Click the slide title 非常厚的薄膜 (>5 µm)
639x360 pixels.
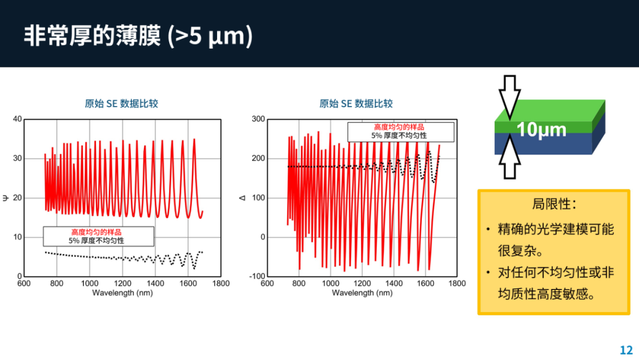[138, 36]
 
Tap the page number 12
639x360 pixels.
[626, 350]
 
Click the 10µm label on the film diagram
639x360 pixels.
[541, 130]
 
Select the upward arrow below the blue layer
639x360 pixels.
[509, 157]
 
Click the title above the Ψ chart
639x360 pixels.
[121, 104]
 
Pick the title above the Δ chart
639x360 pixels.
[356, 104]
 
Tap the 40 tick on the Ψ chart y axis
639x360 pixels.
[17, 119]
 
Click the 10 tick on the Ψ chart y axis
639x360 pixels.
[17, 237]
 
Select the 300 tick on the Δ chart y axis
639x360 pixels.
[259, 119]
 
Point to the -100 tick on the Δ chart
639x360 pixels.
[257, 277]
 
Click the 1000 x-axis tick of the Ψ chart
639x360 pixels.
[90, 284]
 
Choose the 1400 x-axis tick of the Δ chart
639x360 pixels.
[393, 284]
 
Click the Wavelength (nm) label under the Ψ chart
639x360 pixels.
[122, 292]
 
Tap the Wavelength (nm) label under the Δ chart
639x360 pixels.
[362, 292]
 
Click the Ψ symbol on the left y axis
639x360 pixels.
[5, 198]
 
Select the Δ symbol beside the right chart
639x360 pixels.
[243, 198]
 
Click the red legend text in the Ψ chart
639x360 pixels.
[96, 232]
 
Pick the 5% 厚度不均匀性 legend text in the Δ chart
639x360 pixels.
[399, 136]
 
